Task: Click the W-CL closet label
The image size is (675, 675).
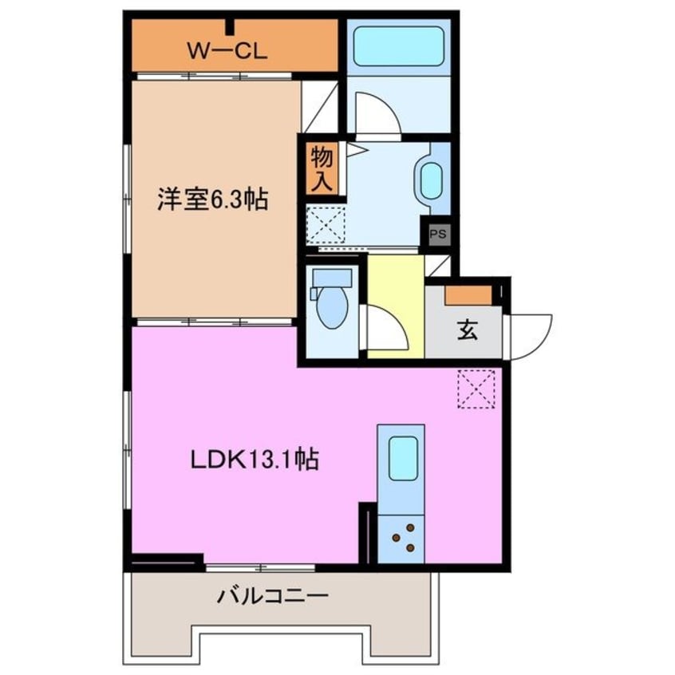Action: pyautogui.click(x=227, y=51)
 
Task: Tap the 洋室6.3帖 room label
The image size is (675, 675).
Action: pyautogui.click(x=211, y=199)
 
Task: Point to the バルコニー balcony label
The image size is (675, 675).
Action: pyautogui.click(x=272, y=596)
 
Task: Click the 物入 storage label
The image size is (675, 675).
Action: pyautogui.click(x=322, y=168)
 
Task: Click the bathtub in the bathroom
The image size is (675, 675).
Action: pyautogui.click(x=398, y=46)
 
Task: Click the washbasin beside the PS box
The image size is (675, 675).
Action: pyautogui.click(x=431, y=181)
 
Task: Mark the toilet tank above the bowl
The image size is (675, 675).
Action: pyautogui.click(x=333, y=278)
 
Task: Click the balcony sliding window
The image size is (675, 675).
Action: pyautogui.click(x=260, y=567)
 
